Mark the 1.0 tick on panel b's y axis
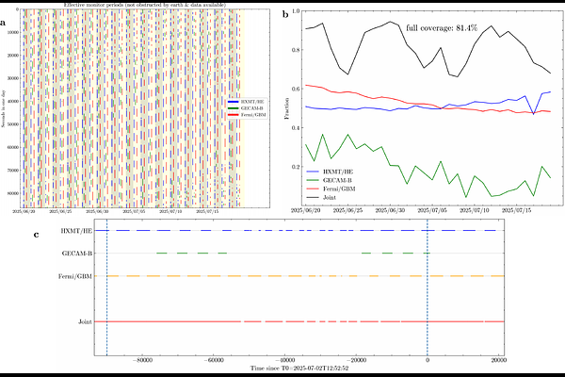[296, 11]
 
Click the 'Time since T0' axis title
[299, 369]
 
